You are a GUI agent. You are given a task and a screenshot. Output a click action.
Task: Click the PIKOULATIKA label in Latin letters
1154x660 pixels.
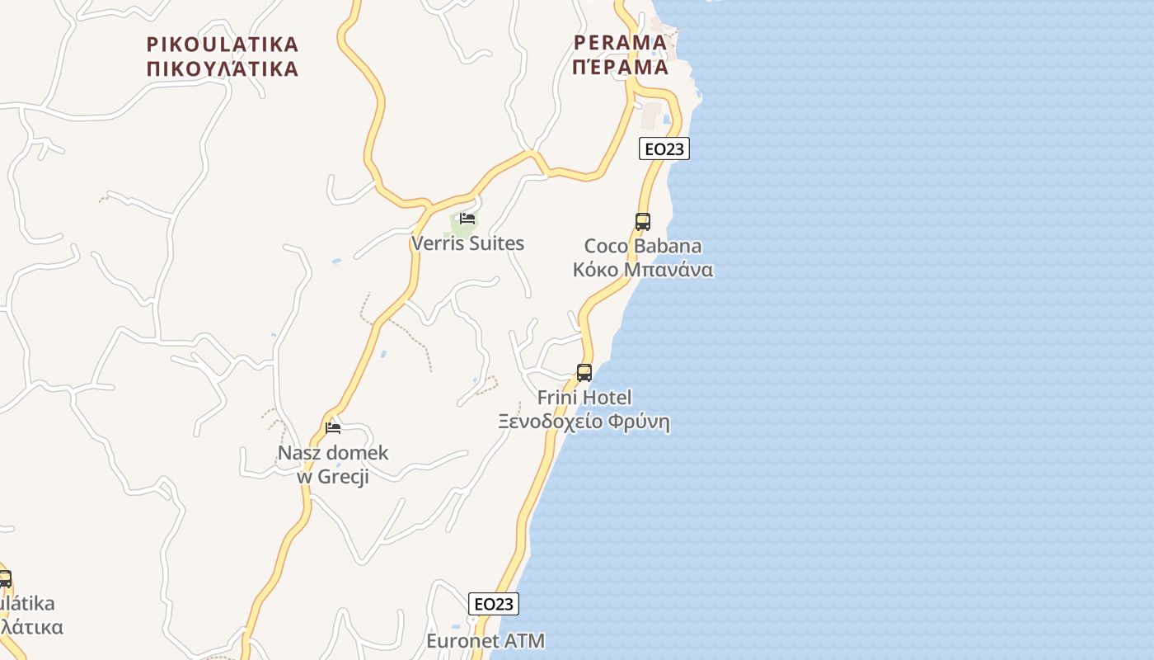(x=223, y=44)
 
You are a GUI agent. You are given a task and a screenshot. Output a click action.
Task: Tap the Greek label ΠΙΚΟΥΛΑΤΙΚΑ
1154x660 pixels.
(x=223, y=68)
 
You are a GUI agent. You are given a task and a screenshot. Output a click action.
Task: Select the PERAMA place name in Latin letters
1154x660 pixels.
(x=620, y=42)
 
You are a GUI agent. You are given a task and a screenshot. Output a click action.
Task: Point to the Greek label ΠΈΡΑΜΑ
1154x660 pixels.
(x=620, y=67)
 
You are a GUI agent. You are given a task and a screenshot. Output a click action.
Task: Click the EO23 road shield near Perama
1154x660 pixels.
(x=664, y=148)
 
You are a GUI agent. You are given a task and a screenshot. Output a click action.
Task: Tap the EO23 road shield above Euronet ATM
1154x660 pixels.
(x=494, y=604)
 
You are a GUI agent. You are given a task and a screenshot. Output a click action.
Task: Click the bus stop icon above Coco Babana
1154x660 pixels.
(x=643, y=221)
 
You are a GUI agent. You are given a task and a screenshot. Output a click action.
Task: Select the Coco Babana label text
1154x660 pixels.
(x=643, y=246)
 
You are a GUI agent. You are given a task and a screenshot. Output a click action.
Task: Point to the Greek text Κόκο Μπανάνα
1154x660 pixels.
(x=643, y=270)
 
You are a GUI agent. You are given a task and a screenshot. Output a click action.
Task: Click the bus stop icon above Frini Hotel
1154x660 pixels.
(x=584, y=373)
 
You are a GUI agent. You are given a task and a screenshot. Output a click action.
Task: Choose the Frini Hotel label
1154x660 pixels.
(x=584, y=398)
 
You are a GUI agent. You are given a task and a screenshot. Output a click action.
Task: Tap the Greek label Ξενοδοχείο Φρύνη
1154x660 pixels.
(x=584, y=422)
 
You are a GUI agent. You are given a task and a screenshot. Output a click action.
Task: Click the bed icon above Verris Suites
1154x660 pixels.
(x=467, y=219)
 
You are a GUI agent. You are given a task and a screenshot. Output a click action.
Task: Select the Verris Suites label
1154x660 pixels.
(x=467, y=243)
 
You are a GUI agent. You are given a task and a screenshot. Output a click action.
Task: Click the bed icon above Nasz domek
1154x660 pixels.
(x=333, y=427)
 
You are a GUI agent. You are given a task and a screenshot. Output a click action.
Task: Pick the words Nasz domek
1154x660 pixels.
(x=333, y=453)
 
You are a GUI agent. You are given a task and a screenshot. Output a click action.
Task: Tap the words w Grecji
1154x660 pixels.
(x=333, y=477)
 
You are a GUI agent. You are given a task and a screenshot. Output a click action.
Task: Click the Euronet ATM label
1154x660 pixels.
(x=486, y=641)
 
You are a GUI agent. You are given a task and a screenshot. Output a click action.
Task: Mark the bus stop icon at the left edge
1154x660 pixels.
(x=4, y=578)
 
